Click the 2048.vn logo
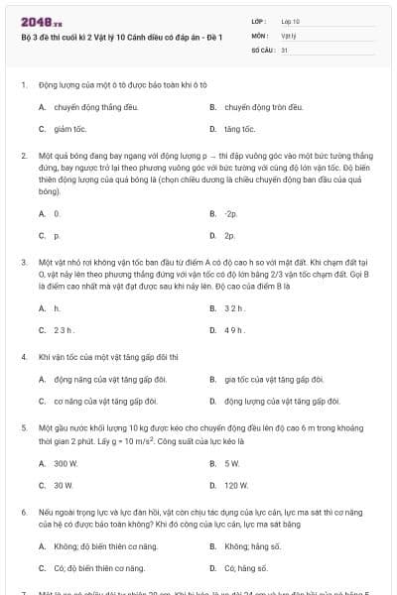click(x=36, y=21)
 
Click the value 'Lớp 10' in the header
click(x=291, y=21)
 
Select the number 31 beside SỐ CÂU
click(x=285, y=49)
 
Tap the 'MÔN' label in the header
click(x=260, y=35)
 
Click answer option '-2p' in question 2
click(x=231, y=213)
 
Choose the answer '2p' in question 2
click(x=230, y=236)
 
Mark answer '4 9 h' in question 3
click(x=234, y=330)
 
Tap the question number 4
click(x=23, y=355)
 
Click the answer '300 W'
click(x=66, y=463)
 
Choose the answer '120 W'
click(x=236, y=486)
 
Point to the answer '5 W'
click(x=232, y=463)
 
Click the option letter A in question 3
click(x=42, y=308)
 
